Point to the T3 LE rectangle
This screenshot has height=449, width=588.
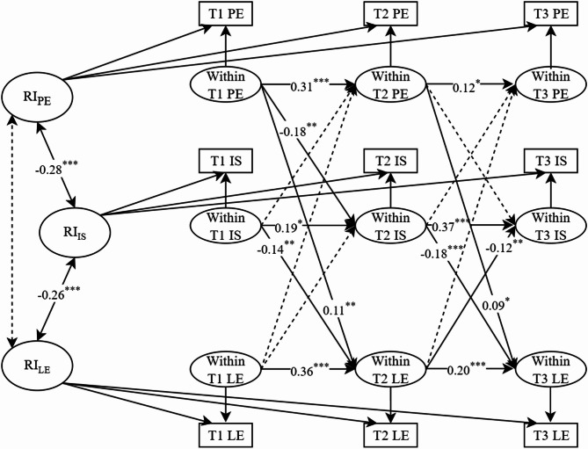pyautogui.click(x=552, y=434)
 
